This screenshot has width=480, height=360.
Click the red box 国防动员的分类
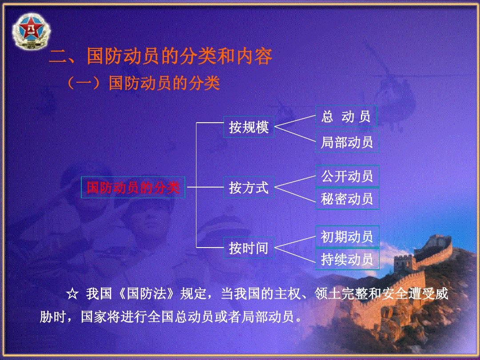click(133, 188)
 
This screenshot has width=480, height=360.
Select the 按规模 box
click(248, 127)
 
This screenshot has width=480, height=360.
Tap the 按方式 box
click(248, 188)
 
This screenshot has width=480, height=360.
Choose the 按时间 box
click(248, 248)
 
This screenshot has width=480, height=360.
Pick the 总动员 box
click(346, 116)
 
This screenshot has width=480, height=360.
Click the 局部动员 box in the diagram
click(347, 142)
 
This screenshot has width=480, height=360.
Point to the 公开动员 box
click(347, 176)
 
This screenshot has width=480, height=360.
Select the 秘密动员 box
click(347, 199)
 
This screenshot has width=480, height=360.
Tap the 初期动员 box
click(347, 236)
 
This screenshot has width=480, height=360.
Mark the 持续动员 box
click(347, 259)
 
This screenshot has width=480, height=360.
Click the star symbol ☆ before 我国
click(72, 294)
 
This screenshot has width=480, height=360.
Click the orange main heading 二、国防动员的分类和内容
click(161, 56)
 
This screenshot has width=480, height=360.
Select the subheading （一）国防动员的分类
click(143, 83)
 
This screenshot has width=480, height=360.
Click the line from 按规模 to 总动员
click(295, 121)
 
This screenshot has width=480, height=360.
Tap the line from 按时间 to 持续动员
click(295, 255)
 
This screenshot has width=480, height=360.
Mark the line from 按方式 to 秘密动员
click(295, 194)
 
